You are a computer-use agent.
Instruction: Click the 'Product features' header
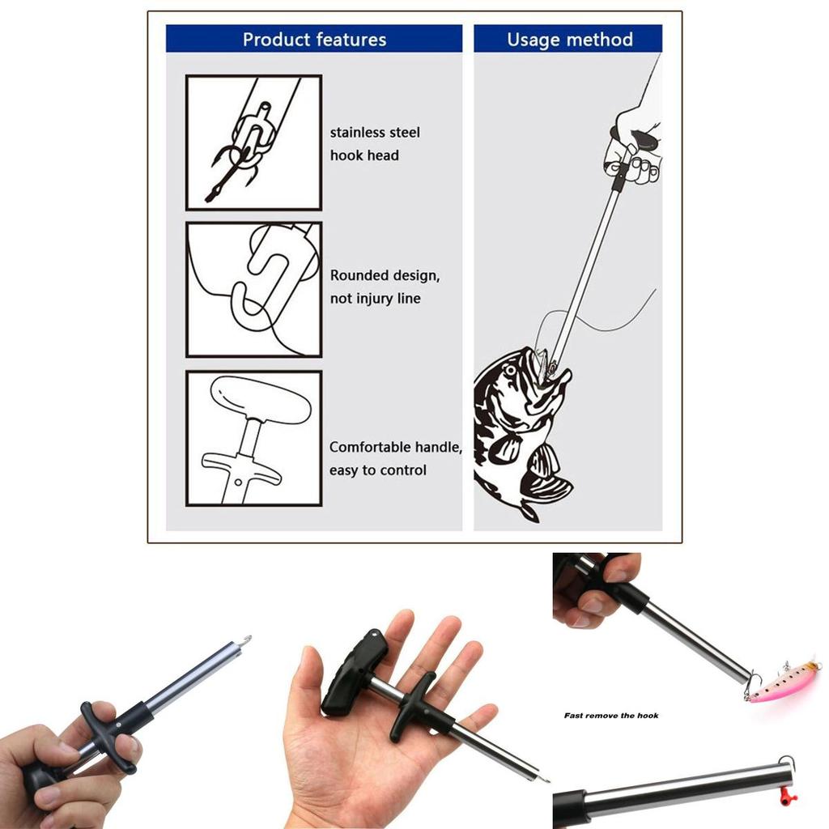tap(314, 39)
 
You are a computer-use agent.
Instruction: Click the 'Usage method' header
tap(569, 39)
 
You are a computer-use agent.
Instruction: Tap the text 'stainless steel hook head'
tap(375, 143)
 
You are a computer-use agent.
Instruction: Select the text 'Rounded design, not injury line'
tap(385, 287)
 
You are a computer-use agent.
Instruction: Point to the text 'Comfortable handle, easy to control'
tap(395, 458)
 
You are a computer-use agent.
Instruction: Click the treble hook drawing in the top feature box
tap(235, 162)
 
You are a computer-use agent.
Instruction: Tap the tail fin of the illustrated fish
tap(526, 510)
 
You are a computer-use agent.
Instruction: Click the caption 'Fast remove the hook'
tap(611, 716)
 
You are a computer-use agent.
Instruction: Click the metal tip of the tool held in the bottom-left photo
tap(243, 641)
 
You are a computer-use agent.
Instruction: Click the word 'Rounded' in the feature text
tap(359, 275)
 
